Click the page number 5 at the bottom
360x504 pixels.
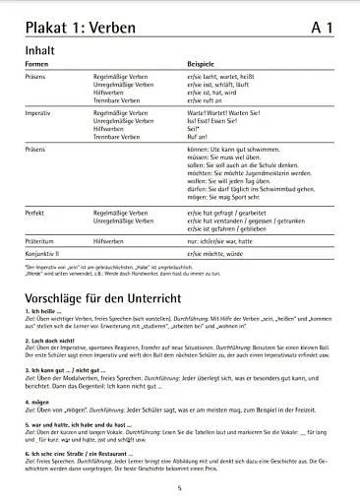point(180,488)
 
